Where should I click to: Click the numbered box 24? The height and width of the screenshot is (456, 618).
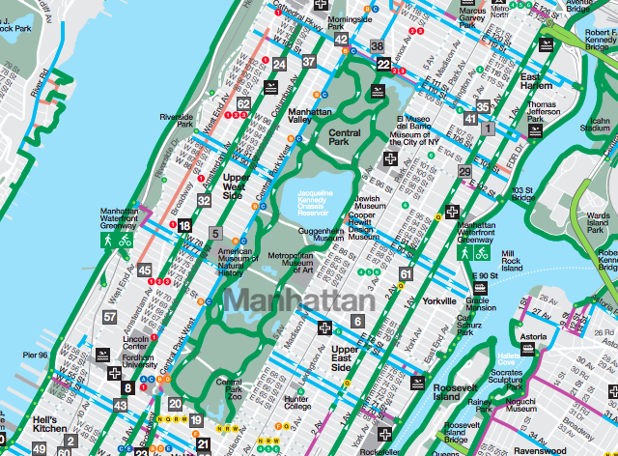(279, 65)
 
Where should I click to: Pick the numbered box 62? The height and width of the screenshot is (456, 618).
(244, 103)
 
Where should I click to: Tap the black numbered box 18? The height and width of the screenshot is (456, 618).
(184, 225)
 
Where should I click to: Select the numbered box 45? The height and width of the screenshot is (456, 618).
(145, 271)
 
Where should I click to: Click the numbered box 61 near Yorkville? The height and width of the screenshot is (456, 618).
(406, 274)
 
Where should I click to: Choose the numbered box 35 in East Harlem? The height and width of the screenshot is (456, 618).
(484, 106)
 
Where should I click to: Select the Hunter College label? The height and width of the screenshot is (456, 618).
(296, 402)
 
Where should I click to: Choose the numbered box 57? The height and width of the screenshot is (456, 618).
(111, 316)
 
